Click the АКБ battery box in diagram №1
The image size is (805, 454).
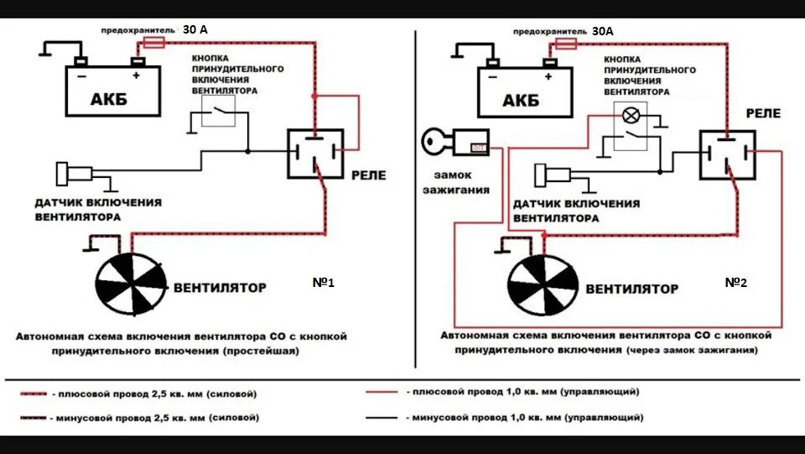pos(113,92)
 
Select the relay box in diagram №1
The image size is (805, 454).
pos(315,154)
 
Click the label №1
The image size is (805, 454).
pos(323,284)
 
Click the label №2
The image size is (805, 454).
pos(735,283)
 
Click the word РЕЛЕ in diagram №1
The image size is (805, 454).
pos(368,175)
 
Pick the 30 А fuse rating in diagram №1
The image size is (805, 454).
pos(195,29)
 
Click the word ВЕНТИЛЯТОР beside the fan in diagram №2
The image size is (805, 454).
pos(631,289)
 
